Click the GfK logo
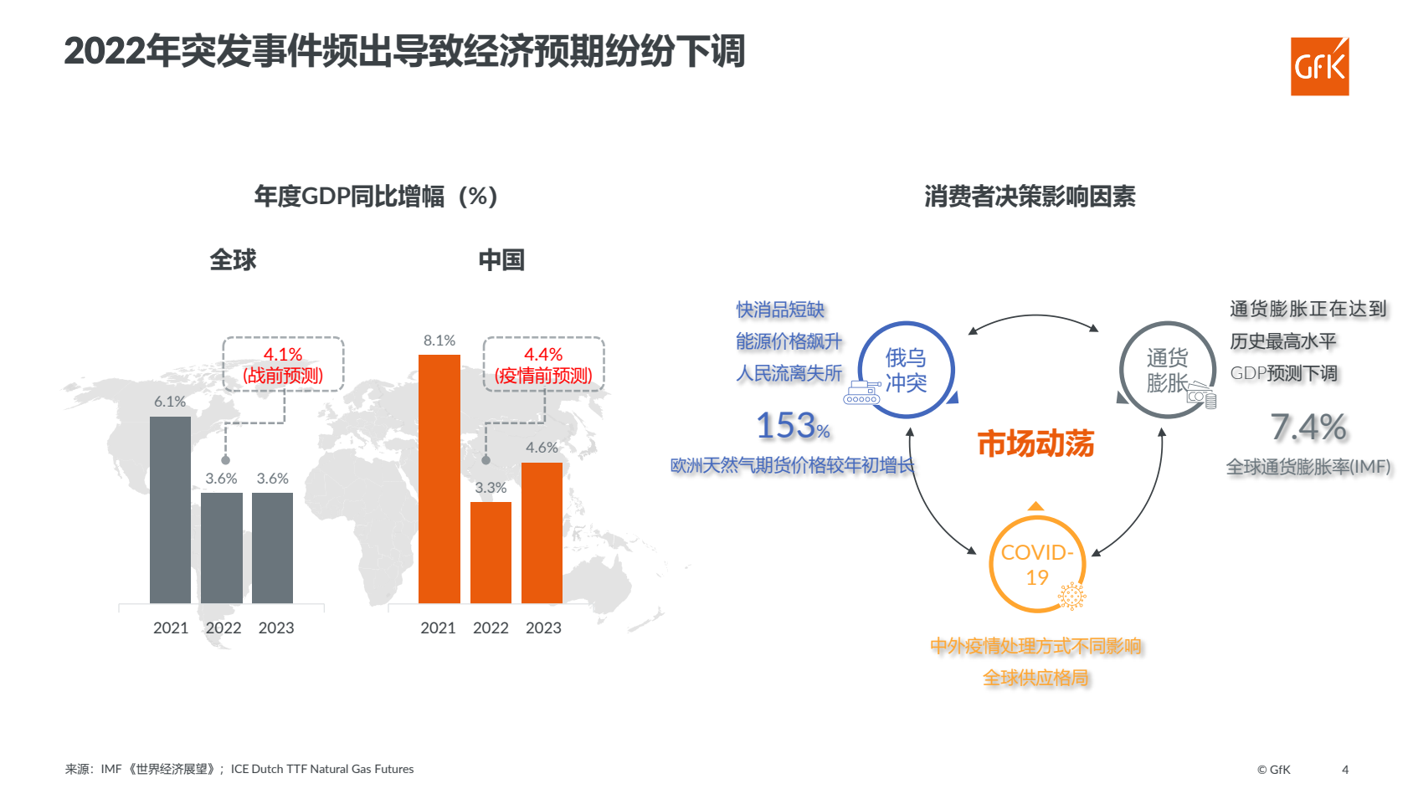pyautogui.click(x=1319, y=66)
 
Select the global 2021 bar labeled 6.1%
pyautogui.click(x=170, y=510)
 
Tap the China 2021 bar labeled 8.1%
pyautogui.click(x=439, y=479)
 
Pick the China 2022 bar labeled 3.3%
pyautogui.click(x=491, y=552)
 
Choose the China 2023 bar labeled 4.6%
pyautogui.click(x=542, y=532)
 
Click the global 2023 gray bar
pyautogui.click(x=272, y=547)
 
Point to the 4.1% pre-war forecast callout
pyautogui.click(x=283, y=365)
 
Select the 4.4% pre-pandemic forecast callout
pyautogui.click(x=543, y=365)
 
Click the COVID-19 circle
pyautogui.click(x=1037, y=564)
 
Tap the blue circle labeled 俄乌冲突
pyautogui.click(x=906, y=370)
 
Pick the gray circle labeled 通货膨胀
pyautogui.click(x=1167, y=370)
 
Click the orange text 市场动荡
pyautogui.click(x=1035, y=443)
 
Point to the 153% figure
pyautogui.click(x=792, y=426)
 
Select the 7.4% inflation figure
pyautogui.click(x=1308, y=428)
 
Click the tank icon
pyautogui.click(x=861, y=393)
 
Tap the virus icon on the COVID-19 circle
pyautogui.click(x=1071, y=596)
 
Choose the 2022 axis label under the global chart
pyautogui.click(x=224, y=628)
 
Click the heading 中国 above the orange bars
pyautogui.click(x=501, y=260)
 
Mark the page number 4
pyautogui.click(x=1345, y=770)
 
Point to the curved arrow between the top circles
pyautogui.click(x=1034, y=317)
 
